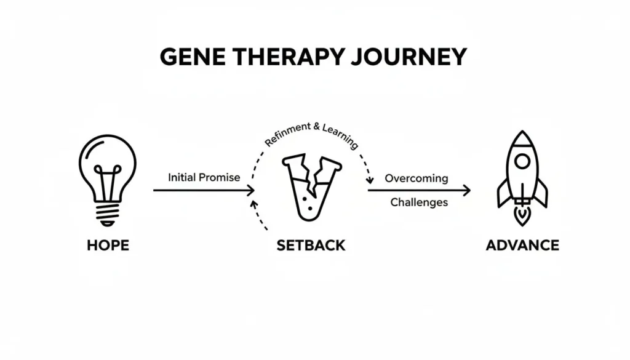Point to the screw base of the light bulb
click(x=108, y=214)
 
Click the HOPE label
click(x=108, y=245)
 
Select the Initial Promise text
click(x=204, y=177)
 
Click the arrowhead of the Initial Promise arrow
click(x=251, y=191)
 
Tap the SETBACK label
click(x=311, y=245)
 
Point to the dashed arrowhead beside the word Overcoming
click(x=370, y=180)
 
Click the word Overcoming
click(x=417, y=178)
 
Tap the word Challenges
click(x=419, y=202)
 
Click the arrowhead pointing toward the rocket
click(x=467, y=191)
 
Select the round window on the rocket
click(x=522, y=162)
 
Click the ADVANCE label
click(x=522, y=245)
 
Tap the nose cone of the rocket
click(x=522, y=139)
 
